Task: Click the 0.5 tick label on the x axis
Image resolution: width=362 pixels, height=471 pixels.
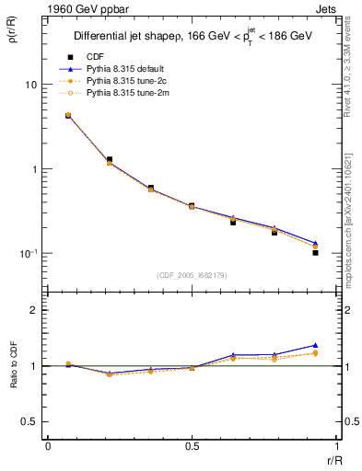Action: [192, 446]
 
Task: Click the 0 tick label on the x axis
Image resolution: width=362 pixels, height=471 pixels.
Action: [48, 446]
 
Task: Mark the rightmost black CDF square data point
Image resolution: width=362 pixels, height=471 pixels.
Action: [315, 252]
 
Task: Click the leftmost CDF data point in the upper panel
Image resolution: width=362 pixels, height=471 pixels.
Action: [68, 116]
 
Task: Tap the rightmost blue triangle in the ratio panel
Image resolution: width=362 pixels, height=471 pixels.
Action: [315, 345]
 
